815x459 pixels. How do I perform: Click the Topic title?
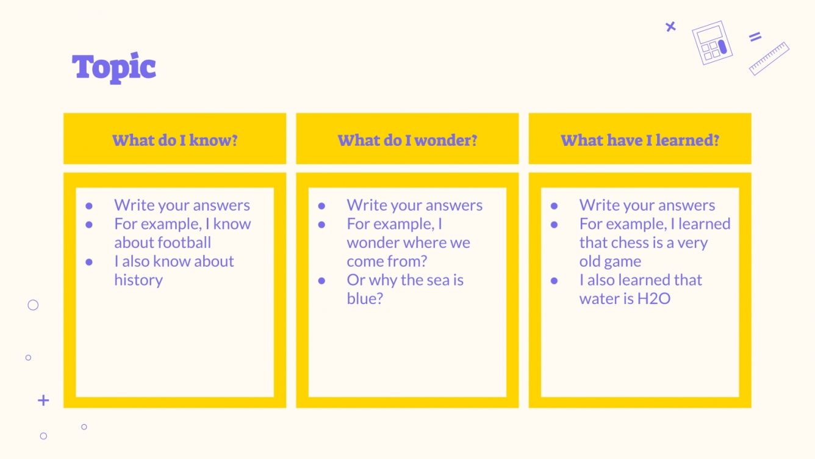tap(114, 67)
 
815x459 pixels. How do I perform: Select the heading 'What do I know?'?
tap(174, 140)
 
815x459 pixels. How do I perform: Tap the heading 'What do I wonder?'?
tap(408, 140)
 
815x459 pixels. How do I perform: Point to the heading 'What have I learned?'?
tap(640, 140)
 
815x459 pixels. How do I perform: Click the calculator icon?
tap(712, 43)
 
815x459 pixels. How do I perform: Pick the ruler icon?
tap(769, 59)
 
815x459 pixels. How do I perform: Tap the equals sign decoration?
tap(755, 37)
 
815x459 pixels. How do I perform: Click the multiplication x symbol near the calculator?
tap(670, 26)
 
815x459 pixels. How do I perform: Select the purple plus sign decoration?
tap(43, 400)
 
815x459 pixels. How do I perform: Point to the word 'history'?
tap(138, 280)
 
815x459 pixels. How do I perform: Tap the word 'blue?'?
tap(365, 299)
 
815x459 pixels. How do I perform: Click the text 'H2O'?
tap(653, 299)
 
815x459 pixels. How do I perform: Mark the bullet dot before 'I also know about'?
tap(89, 262)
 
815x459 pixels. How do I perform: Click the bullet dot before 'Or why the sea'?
tap(321, 281)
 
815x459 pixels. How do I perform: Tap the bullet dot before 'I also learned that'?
tap(554, 281)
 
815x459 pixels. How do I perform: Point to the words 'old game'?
tap(610, 262)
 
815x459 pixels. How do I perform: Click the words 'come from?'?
tap(387, 262)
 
